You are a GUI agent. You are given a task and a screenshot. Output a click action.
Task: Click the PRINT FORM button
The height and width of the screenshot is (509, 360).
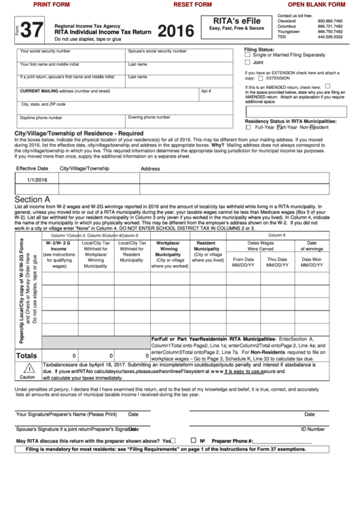(x=52, y=5)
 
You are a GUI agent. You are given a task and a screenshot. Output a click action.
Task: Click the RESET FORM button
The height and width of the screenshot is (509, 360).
(x=192, y=5)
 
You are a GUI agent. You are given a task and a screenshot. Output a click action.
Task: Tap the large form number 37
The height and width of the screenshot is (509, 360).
(x=30, y=31)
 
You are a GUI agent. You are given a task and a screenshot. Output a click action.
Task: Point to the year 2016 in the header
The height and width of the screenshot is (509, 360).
(x=176, y=31)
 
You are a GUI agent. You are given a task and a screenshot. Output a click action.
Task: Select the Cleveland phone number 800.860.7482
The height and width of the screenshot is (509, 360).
(x=330, y=21)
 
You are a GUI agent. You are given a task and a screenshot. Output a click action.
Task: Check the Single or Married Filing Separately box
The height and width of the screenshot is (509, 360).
(x=248, y=54)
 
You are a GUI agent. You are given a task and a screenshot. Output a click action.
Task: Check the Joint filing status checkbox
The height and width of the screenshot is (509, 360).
(x=248, y=62)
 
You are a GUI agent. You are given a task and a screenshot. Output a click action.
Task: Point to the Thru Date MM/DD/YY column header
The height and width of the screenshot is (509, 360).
(x=276, y=262)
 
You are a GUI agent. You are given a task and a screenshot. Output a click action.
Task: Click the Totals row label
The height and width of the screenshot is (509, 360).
(x=26, y=355)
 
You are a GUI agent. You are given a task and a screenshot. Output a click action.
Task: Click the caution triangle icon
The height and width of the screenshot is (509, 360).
(x=26, y=368)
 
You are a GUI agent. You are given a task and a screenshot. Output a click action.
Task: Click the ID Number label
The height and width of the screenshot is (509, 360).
(x=312, y=429)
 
